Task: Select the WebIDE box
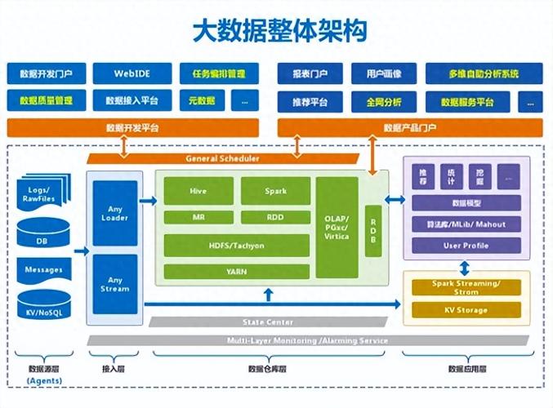[x=132, y=74]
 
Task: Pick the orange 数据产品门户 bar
[x=409, y=128]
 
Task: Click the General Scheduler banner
[x=223, y=158]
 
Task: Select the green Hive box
[x=198, y=190]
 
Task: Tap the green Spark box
[x=275, y=190]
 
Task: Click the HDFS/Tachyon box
[x=237, y=246]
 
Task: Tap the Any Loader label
[x=114, y=214]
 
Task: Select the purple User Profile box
[x=466, y=245]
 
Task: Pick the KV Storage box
[x=466, y=310]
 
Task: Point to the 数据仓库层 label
[x=266, y=368]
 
